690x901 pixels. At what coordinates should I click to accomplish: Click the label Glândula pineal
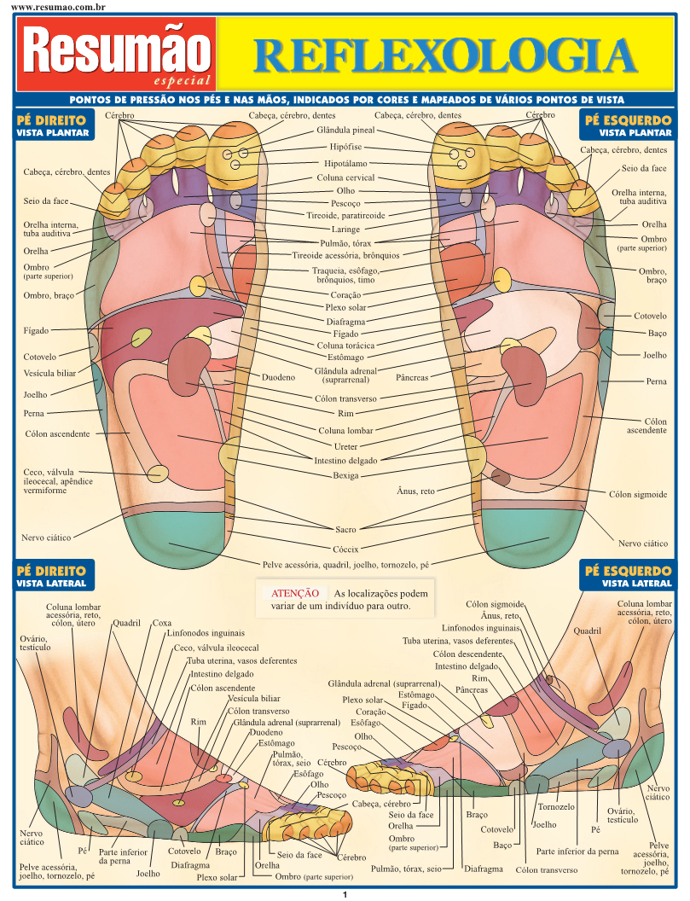[345, 131]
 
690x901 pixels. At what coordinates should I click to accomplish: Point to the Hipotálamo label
[345, 162]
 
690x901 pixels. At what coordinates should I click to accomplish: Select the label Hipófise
[345, 147]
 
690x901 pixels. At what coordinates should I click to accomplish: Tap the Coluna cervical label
[345, 177]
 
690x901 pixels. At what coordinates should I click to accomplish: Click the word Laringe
[345, 229]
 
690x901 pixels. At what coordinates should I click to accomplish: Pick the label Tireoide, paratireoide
[345, 216]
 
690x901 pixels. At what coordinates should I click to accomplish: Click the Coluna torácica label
[345, 346]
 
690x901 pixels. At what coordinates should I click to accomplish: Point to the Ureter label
[345, 445]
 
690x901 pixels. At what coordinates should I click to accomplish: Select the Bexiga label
[345, 475]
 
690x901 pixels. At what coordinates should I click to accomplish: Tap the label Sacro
[345, 529]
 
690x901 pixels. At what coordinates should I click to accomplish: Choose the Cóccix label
[345, 549]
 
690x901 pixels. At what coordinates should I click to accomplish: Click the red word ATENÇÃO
[294, 593]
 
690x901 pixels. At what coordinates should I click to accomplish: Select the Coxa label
[162, 623]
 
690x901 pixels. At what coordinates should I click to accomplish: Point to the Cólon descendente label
[467, 654]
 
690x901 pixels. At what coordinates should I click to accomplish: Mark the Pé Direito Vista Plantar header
[51, 126]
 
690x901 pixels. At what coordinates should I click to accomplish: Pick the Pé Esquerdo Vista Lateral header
[635, 576]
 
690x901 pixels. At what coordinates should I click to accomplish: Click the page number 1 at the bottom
[345, 894]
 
